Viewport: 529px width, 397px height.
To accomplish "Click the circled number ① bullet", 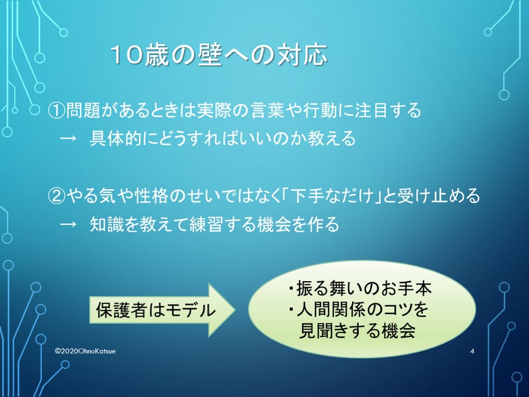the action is point(56,111).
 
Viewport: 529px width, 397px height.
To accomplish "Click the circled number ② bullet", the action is point(56,196).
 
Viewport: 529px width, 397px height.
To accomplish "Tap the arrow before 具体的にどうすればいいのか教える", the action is point(68,139).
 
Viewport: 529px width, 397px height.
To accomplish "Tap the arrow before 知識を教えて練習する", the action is point(68,224).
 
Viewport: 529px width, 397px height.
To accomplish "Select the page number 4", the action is point(472,351).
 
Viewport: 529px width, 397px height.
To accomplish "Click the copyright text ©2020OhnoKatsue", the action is point(85,351).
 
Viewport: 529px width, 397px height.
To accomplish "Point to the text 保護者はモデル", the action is point(156,310).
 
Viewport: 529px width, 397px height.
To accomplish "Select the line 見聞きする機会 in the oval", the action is point(357,331).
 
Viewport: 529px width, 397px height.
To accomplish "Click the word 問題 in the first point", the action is point(82,111).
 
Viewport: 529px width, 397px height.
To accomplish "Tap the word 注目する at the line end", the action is point(388,111).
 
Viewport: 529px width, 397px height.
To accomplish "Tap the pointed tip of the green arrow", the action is point(236,310).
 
